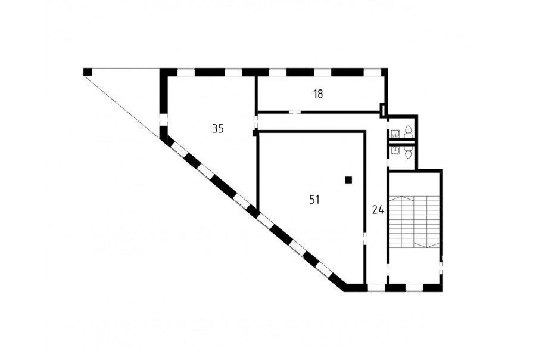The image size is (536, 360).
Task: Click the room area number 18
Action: pos(318,94)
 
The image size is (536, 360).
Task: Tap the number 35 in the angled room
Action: pos(218,129)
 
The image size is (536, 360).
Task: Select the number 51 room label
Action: pos(314,200)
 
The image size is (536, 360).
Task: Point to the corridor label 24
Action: pos(378,210)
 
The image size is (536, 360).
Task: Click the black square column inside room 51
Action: pos(348,180)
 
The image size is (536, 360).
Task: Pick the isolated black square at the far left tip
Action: pos(88,72)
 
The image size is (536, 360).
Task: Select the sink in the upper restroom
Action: pos(395,133)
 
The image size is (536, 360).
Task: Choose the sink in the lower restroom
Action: pos(395,150)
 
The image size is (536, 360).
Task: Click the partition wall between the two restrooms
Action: pos(403,142)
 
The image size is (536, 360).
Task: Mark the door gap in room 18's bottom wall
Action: pos(295,112)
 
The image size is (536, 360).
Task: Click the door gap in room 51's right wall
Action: pos(364,238)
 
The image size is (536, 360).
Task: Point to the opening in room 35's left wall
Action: pos(163,120)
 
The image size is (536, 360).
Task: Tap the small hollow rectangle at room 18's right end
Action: pos(383,110)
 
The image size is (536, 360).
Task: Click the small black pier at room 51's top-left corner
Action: pos(255,133)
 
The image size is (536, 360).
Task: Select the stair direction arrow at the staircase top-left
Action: pos(401,199)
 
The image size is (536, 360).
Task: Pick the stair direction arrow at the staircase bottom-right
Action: pos(426,244)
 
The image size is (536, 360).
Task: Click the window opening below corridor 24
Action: pos(376,287)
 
